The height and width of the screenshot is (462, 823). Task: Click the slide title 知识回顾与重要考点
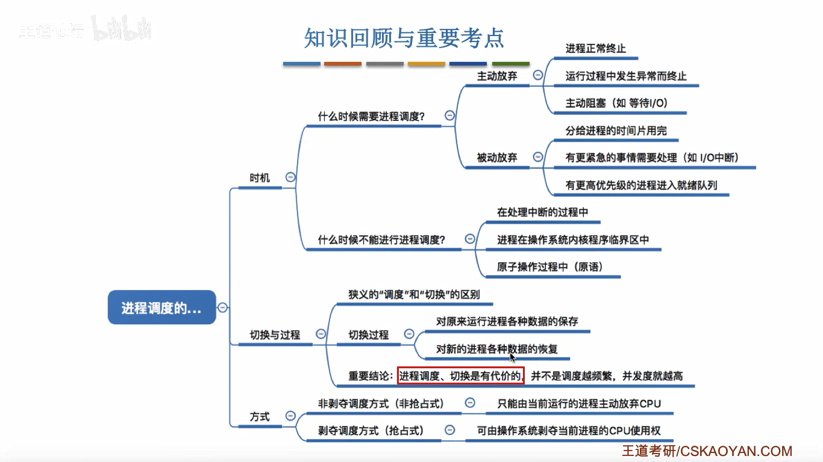click(404, 38)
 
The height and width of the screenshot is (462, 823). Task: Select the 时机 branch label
click(260, 178)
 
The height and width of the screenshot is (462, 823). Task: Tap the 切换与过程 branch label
click(275, 334)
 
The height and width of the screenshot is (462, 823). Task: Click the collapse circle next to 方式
click(290, 416)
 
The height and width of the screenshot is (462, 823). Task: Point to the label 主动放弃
click(497, 76)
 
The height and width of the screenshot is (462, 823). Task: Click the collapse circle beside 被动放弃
click(537, 158)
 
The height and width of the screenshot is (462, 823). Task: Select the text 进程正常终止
click(595, 49)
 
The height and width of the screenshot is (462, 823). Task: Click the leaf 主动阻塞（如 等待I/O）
click(616, 103)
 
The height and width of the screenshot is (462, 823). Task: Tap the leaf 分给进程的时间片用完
click(616, 131)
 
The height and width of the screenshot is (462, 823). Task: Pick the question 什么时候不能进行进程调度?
click(381, 240)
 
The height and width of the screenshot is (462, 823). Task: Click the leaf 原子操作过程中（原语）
click(549, 267)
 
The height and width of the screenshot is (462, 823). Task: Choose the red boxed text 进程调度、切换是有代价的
click(461, 376)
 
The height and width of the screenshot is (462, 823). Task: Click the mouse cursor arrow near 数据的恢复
click(512, 357)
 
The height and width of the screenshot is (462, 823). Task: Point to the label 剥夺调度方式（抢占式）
click(371, 431)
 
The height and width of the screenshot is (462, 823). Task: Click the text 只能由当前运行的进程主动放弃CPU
click(579, 404)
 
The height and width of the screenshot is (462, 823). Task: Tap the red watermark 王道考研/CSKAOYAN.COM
click(707, 451)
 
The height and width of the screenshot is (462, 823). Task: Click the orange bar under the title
click(343, 64)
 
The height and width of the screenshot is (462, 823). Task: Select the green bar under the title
click(510, 64)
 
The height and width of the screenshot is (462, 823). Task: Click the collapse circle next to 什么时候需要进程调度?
click(449, 115)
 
